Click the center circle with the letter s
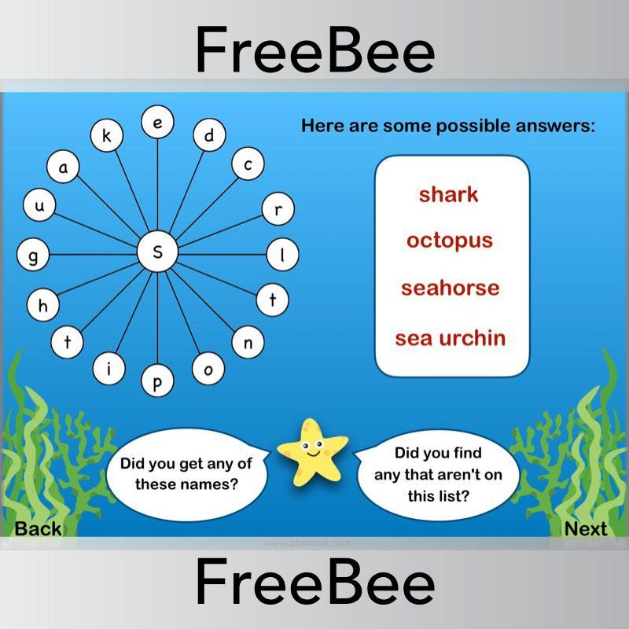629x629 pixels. click(157, 252)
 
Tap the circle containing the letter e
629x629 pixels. click(157, 123)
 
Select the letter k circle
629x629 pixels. click(107, 136)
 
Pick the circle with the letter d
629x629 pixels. click(209, 137)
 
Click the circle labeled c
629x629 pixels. click(248, 165)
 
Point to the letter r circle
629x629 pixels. click(278, 209)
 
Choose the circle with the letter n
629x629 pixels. click(248, 342)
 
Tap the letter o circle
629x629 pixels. click(208, 370)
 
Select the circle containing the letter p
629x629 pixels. click(157, 382)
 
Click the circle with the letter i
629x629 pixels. click(109, 370)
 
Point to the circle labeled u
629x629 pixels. click(39, 206)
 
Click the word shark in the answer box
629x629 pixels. click(448, 194)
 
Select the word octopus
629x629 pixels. click(449, 241)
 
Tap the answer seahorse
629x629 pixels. click(450, 288)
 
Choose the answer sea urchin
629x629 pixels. click(450, 338)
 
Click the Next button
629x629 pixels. click(586, 529)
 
